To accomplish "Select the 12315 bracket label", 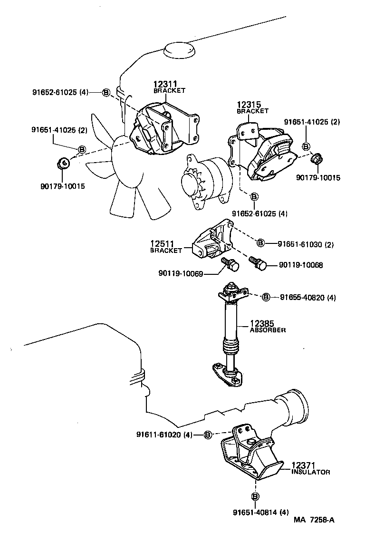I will (x=250, y=104).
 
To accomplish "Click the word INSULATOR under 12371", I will (x=310, y=472).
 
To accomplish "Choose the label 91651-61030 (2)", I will (x=306, y=244).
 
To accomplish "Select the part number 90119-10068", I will (x=301, y=265).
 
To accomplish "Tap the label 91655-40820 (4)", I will (x=308, y=298).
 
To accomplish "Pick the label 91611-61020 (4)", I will (x=164, y=435).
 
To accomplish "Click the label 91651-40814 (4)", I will (x=261, y=512).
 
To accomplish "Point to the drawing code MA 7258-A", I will (x=313, y=520).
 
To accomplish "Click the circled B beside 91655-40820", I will (x=266, y=298).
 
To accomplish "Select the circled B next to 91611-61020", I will (x=208, y=435).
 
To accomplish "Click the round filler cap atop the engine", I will (x=179, y=49).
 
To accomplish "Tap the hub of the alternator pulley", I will (x=192, y=183).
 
